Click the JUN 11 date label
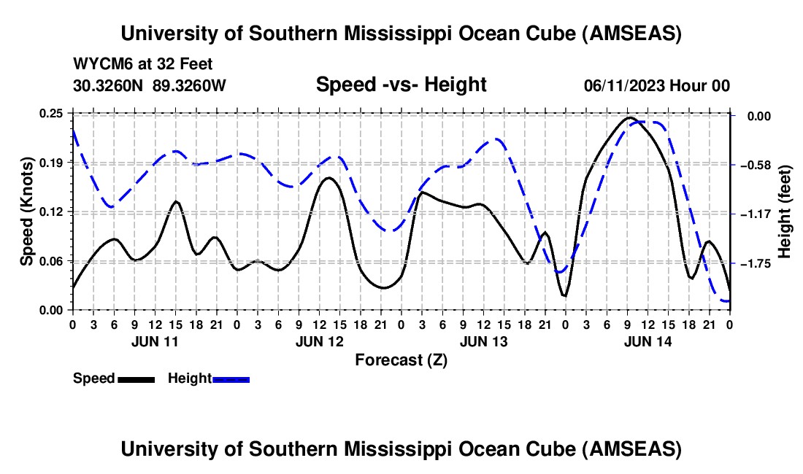coord(154,341)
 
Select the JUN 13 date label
coord(483,341)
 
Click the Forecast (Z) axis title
coord(401,360)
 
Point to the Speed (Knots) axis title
coord(26,211)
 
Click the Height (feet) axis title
coord(785,211)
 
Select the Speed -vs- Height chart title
coord(401,85)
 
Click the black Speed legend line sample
coord(136,378)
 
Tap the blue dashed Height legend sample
coord(231,378)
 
